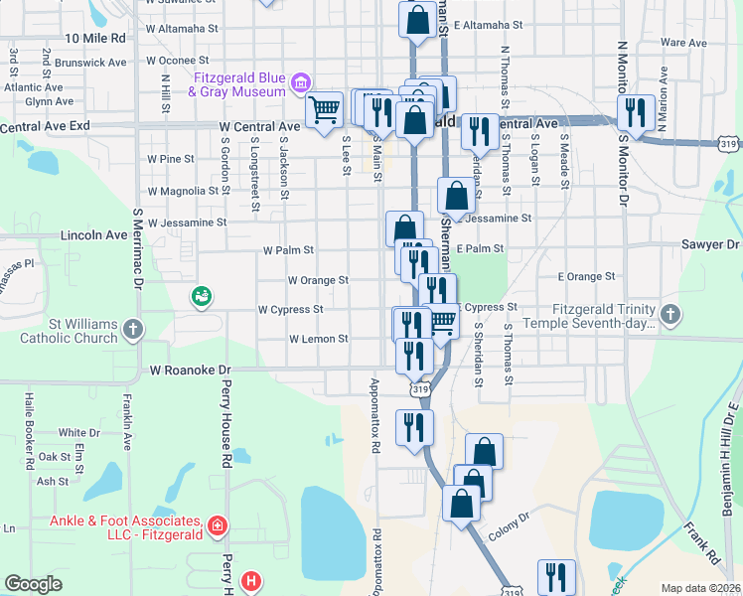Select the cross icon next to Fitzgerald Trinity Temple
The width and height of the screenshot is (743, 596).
click(x=671, y=315)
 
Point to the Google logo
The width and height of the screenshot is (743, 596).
click(x=33, y=584)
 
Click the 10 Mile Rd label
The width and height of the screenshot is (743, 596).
click(x=95, y=38)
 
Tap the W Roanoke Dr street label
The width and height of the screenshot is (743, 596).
click(x=190, y=370)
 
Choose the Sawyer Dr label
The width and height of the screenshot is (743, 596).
click(x=711, y=243)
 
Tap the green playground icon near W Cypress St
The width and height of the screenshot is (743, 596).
click(x=201, y=296)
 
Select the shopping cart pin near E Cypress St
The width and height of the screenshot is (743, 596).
click(x=441, y=322)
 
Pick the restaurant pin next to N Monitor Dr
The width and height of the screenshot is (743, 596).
click(x=635, y=111)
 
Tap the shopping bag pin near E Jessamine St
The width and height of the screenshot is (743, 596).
click(x=456, y=195)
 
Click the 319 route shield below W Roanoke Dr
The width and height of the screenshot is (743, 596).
click(x=421, y=390)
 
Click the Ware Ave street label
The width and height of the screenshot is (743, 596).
click(x=683, y=44)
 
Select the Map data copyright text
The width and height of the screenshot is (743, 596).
click(x=700, y=588)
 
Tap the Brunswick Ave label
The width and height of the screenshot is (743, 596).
click(x=92, y=62)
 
